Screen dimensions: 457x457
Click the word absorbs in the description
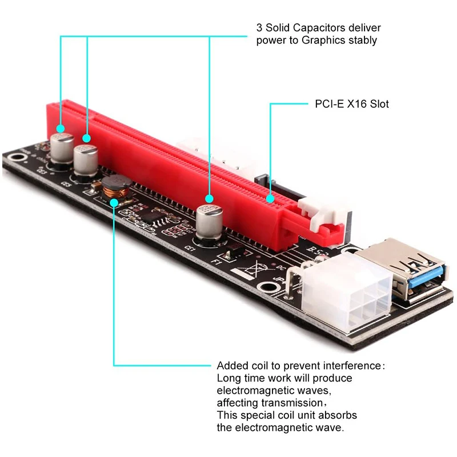click(x=336, y=415)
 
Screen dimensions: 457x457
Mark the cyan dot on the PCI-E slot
click(x=270, y=200)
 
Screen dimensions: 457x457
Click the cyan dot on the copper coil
click(x=114, y=202)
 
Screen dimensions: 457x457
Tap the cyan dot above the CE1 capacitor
click(x=210, y=198)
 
